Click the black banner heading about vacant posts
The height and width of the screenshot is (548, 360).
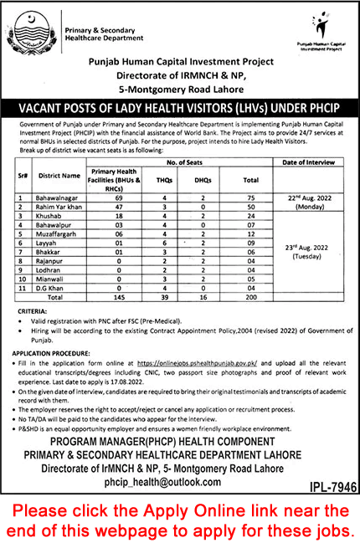[x=180, y=107]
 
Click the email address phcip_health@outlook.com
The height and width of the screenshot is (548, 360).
[x=180, y=484]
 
